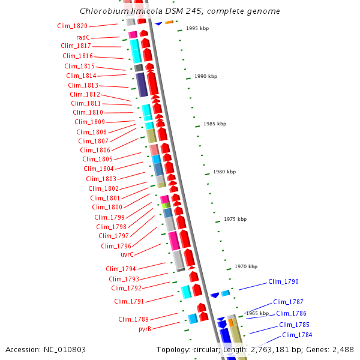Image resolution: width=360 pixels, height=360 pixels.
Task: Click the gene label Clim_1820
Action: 73,26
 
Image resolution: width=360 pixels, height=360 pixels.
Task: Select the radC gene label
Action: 83,37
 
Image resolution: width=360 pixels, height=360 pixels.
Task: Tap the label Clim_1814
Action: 81,76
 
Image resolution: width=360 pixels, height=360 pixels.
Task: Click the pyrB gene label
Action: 145,329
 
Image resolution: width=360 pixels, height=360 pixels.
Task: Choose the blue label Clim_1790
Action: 283,281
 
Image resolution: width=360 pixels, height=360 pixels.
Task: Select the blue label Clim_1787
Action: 288,302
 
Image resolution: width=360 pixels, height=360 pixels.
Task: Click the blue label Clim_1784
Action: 297,335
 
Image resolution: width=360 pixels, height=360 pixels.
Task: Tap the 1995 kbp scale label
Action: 197,28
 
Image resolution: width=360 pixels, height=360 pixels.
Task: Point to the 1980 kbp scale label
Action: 224,172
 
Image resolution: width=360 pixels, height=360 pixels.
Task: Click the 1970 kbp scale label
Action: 246,266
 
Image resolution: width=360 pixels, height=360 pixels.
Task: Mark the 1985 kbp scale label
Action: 215,124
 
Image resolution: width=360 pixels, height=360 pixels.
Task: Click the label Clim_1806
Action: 95,150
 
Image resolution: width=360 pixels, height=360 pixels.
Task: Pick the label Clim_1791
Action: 129,301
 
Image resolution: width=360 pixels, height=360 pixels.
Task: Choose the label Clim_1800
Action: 107,208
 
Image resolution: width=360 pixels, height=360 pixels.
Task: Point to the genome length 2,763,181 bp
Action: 280,349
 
